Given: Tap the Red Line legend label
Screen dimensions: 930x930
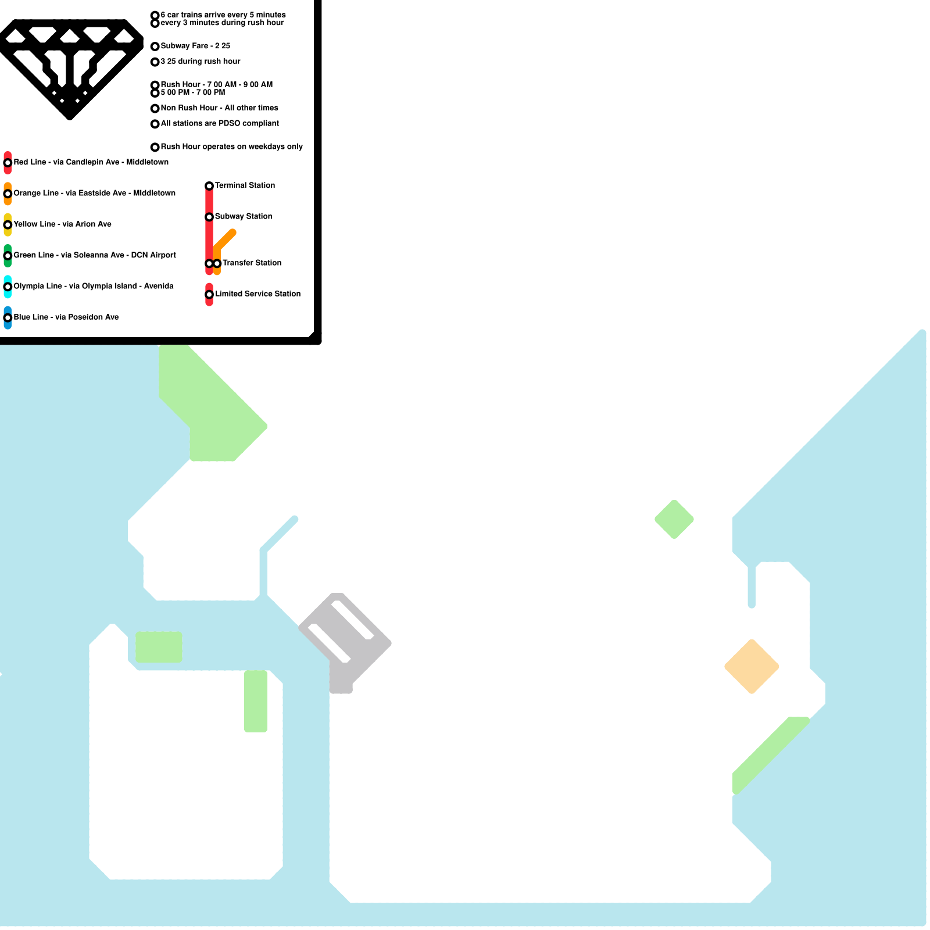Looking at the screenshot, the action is [91, 162].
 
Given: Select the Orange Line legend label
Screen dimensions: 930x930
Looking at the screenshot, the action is [94, 193].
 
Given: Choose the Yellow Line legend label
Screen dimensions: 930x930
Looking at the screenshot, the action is [62, 224].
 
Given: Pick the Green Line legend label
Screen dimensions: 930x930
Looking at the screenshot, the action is [95, 255].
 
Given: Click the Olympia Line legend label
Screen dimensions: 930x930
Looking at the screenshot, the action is [93, 286].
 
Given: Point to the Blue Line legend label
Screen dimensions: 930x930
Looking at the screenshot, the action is [66, 317].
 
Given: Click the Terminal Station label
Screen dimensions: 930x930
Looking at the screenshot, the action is [245, 185].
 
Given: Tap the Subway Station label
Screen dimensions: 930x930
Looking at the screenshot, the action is [243, 216].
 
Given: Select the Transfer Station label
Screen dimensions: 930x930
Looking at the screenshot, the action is [252, 263].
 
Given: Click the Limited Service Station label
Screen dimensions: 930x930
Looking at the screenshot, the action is [257, 294].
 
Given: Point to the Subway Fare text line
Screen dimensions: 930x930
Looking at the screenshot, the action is [195, 46].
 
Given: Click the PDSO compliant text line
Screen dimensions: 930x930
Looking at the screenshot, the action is [220, 123].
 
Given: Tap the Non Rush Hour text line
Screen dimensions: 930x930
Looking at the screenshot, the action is [219, 108].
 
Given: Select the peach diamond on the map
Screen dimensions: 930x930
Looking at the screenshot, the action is [752, 667].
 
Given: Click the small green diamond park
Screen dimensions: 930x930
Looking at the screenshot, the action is [674, 519].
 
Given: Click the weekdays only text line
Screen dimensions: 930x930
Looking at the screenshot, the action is [231, 146].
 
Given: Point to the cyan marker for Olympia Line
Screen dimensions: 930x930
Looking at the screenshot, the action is [8, 287].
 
